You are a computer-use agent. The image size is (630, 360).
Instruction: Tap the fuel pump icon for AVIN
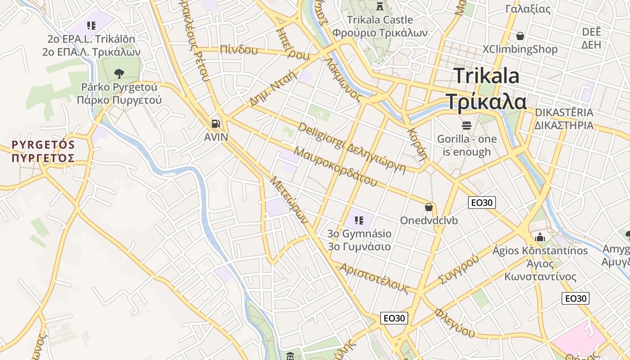pos(216,123)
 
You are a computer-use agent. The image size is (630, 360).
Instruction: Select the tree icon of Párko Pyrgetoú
pos(119,73)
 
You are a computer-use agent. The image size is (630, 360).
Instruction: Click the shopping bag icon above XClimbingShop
pos(520,36)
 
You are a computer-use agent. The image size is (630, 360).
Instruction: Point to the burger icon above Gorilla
pos(467,125)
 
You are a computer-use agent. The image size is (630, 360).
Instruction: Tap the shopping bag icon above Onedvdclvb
pos(429,207)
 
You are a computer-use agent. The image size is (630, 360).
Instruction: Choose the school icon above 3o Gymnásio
pos(359,220)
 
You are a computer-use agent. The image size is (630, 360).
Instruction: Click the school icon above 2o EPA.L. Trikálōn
pos(91,25)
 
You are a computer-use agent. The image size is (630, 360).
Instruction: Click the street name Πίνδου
pos(239,50)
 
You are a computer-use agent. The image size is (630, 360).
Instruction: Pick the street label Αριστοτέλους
pos(374,279)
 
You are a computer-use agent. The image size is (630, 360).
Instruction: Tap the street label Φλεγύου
pos(455,322)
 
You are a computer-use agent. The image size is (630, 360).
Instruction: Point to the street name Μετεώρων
pos(289,200)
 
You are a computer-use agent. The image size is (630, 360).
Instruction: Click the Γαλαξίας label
pos(528,9)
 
